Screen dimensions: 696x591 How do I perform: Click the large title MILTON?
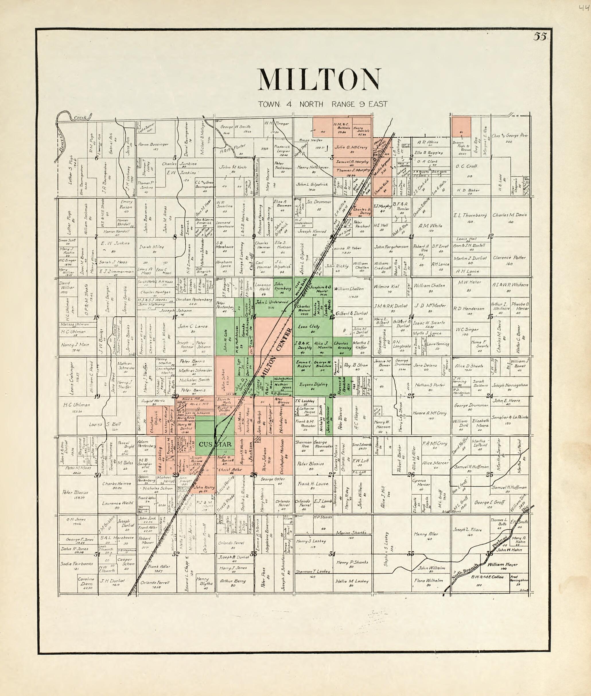319,79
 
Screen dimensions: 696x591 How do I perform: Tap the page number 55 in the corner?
540,37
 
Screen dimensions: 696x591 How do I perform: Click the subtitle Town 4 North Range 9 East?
323,104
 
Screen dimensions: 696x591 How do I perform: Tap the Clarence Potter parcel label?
509,258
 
